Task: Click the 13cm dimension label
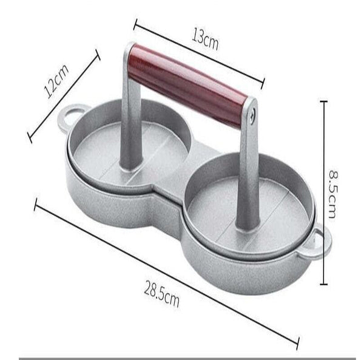coord(205,41)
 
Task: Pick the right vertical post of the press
coord(248,170)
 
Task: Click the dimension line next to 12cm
coord(64,97)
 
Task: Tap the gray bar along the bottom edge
coord(182,358)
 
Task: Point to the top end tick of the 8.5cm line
coord(324,102)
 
